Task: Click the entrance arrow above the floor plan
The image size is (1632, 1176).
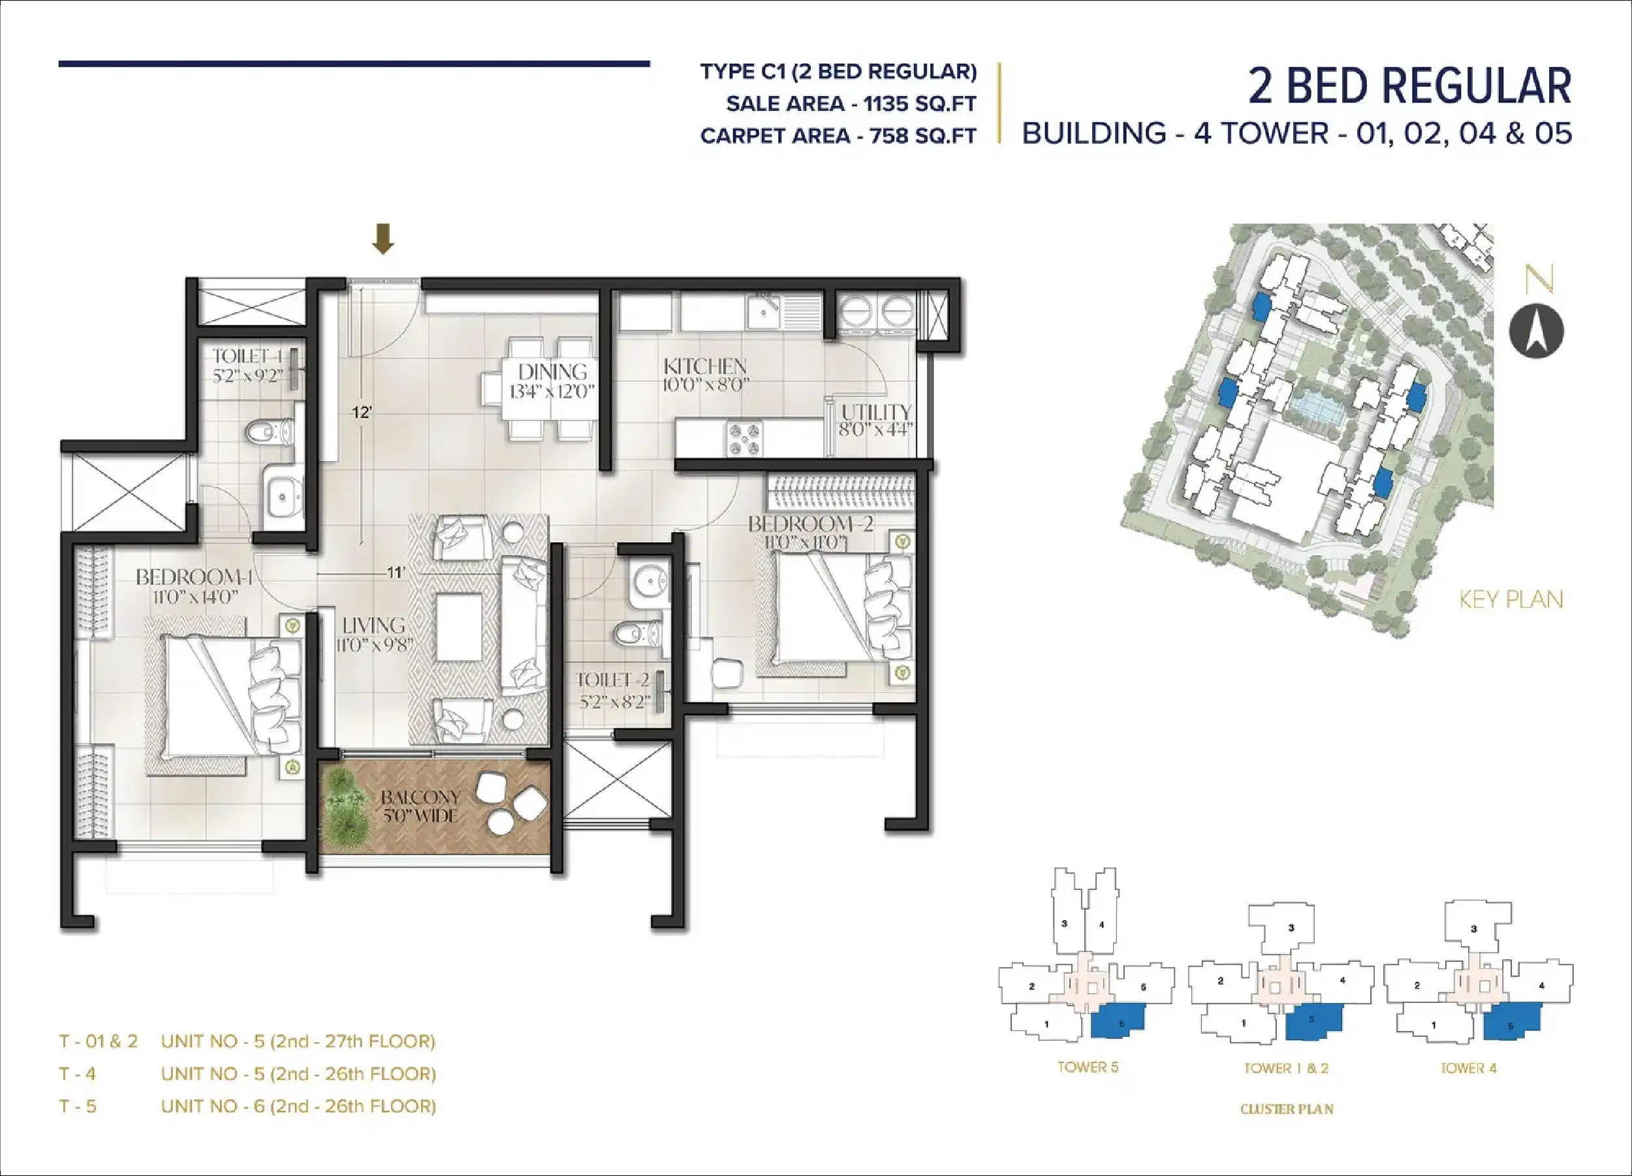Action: click(383, 238)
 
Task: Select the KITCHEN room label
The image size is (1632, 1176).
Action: click(705, 366)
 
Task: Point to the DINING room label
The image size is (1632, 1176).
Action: click(553, 372)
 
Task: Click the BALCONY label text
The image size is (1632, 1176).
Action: click(420, 797)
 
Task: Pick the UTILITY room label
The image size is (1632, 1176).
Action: click(877, 413)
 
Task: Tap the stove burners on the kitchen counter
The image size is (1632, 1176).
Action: click(744, 439)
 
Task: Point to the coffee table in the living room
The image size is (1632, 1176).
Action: click(458, 626)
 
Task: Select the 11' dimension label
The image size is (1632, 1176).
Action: click(396, 573)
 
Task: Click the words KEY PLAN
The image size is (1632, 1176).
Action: click(1511, 599)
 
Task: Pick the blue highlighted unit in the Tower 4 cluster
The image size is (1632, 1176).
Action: click(1511, 1022)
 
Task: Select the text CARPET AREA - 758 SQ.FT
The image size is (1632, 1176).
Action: click(838, 135)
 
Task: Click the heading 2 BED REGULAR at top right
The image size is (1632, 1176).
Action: click(1409, 86)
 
